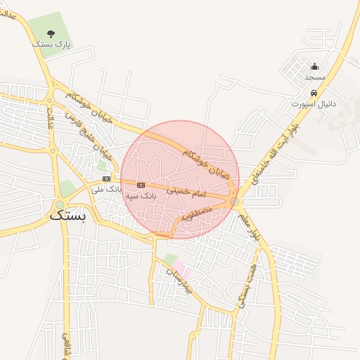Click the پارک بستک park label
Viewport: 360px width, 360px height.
coord(51,44)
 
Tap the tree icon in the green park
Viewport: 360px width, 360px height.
coord(51,32)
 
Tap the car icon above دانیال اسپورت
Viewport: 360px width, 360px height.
coord(314,93)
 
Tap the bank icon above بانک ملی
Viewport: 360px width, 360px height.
coord(106,179)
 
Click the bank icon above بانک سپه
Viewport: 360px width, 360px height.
coord(141,185)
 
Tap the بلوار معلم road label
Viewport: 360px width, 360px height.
coord(250,226)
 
